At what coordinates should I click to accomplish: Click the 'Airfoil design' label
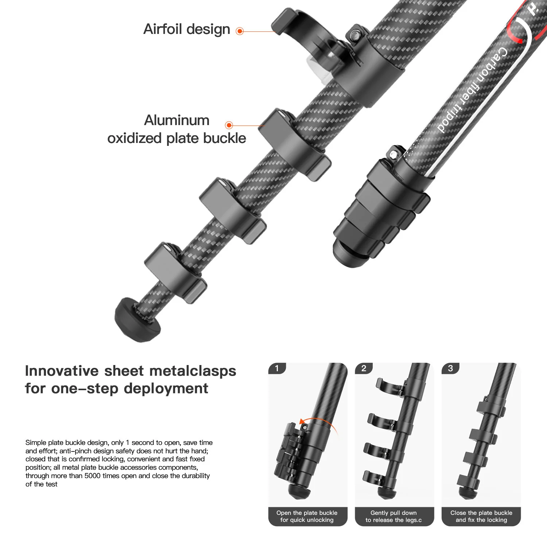point(187,29)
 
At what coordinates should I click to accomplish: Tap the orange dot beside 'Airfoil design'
point(240,31)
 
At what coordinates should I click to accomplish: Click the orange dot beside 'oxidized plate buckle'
point(229,125)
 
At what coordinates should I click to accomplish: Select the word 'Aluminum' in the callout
point(177,120)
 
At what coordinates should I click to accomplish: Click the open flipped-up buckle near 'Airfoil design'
point(292,26)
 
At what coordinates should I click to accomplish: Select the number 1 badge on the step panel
point(277,368)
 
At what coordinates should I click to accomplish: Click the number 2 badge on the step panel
point(364,368)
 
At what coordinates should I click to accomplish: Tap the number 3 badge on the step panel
point(450,368)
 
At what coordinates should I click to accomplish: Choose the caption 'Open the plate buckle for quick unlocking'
point(307,516)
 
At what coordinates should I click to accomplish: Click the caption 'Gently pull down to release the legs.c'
point(394,516)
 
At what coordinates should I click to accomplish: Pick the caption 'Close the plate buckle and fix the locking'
point(481,516)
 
